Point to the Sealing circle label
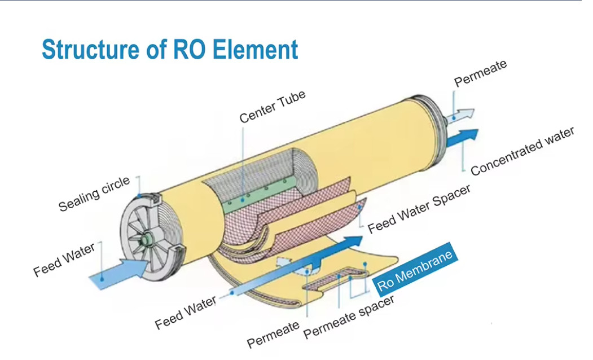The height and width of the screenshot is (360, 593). (x=94, y=194)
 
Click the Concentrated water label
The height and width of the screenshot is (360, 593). (x=522, y=151)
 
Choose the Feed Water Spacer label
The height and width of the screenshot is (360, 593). (x=419, y=209)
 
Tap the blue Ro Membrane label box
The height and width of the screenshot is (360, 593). (x=415, y=271)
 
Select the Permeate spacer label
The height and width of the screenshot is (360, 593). (x=349, y=317)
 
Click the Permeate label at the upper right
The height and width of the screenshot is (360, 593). (x=480, y=73)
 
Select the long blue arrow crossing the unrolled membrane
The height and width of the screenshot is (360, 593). (x=293, y=268)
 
